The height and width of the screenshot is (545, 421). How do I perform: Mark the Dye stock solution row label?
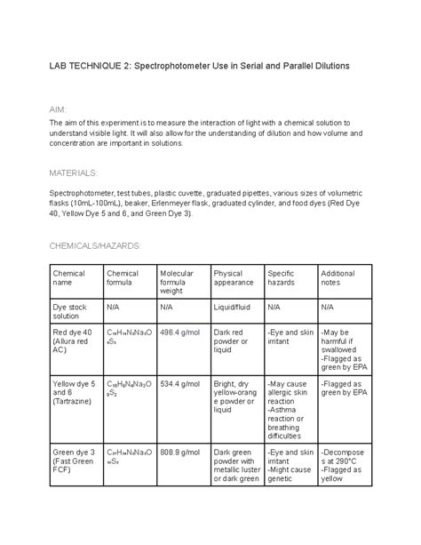(x=70, y=311)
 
